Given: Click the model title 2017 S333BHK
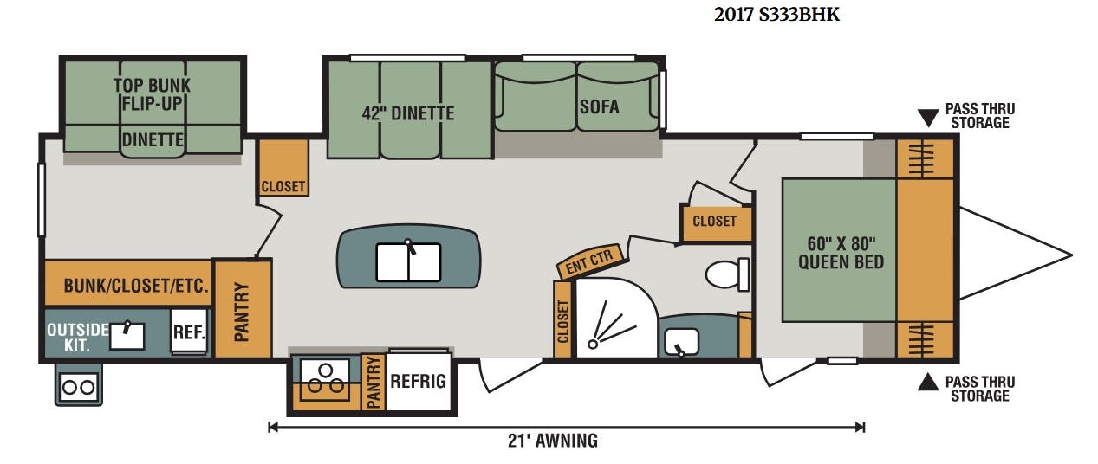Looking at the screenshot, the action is pyautogui.click(x=776, y=14).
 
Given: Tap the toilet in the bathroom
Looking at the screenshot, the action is pyautogui.click(x=727, y=274).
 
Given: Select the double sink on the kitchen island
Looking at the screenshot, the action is pyautogui.click(x=408, y=262).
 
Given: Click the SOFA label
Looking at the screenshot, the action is pyautogui.click(x=599, y=106).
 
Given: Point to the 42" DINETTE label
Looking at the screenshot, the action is pyautogui.click(x=408, y=113).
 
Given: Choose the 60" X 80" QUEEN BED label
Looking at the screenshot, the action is pyautogui.click(x=841, y=253).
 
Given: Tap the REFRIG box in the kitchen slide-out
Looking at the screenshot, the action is pyautogui.click(x=418, y=381).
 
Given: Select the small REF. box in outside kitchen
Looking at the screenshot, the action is pyautogui.click(x=189, y=332).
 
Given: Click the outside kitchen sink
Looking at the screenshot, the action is pyautogui.click(x=127, y=336).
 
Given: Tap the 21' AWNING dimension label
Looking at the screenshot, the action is pyautogui.click(x=552, y=441).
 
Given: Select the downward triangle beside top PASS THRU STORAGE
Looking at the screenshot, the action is pyautogui.click(x=928, y=119).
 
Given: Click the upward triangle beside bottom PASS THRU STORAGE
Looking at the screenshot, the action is pyautogui.click(x=928, y=383).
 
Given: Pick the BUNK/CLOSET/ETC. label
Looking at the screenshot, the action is pyautogui.click(x=136, y=286).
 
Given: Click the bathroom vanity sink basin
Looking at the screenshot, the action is pyautogui.click(x=681, y=342).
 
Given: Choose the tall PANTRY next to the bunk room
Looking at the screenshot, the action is pyautogui.click(x=243, y=309).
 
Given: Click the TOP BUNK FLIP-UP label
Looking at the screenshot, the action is pyautogui.click(x=152, y=94).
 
